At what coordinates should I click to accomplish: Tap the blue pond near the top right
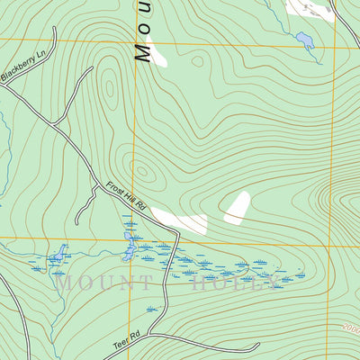click(305, 40)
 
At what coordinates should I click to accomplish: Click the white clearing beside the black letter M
click(157, 54)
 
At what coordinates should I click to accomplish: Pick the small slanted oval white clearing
click(237, 208)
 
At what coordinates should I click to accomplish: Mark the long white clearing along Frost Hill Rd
click(180, 220)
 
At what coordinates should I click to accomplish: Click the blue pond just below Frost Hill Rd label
click(130, 245)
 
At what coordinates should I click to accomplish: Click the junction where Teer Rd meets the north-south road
click(168, 334)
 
